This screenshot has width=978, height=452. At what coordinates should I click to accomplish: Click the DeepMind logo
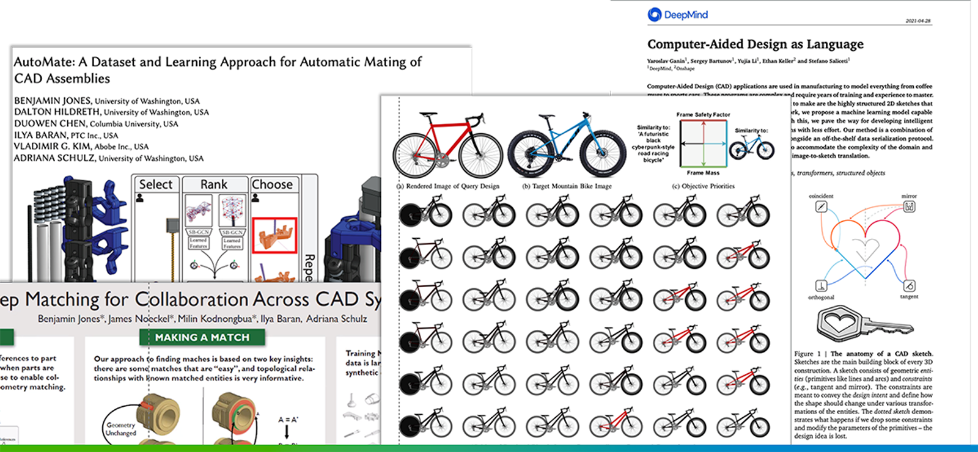tap(677, 15)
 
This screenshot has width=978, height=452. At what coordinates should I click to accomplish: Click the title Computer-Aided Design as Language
tap(755, 44)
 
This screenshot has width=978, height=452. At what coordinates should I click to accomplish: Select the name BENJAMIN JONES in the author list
tap(53, 101)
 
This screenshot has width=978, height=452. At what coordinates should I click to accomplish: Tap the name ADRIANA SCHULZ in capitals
tap(54, 158)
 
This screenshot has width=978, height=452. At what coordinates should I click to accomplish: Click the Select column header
tap(155, 184)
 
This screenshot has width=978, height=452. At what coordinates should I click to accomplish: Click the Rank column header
tap(213, 184)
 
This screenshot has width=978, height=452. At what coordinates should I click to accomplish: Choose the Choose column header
tap(272, 184)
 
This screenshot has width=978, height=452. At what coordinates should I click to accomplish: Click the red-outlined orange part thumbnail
tap(274, 235)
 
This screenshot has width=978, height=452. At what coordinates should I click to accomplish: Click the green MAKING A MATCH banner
tap(202, 337)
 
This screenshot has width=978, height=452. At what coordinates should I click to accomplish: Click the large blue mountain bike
tap(567, 147)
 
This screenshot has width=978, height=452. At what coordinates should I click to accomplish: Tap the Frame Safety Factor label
tap(703, 114)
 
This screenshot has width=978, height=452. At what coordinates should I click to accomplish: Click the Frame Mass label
tap(703, 173)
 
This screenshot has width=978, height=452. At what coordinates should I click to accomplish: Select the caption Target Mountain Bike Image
tap(567, 186)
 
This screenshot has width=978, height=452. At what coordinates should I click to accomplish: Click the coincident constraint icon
tap(821, 207)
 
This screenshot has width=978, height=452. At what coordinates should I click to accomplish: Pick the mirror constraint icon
tap(909, 207)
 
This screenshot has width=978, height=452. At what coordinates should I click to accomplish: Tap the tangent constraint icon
tap(909, 286)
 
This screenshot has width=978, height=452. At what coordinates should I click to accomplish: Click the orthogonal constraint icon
tap(821, 286)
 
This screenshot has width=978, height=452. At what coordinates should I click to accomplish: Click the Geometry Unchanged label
tap(121, 429)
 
